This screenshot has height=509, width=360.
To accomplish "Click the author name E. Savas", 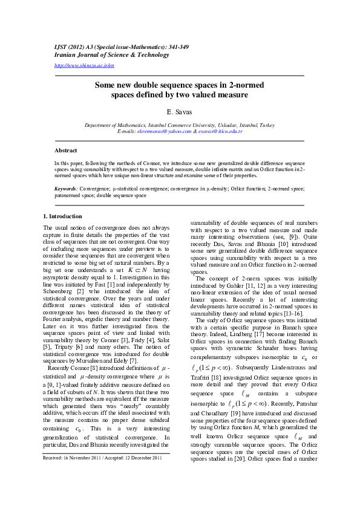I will click(179, 112).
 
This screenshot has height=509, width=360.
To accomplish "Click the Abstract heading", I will click(66, 150).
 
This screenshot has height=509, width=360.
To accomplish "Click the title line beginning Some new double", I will click(179, 86).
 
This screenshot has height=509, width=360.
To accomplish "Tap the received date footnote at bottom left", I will click(102, 492).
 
